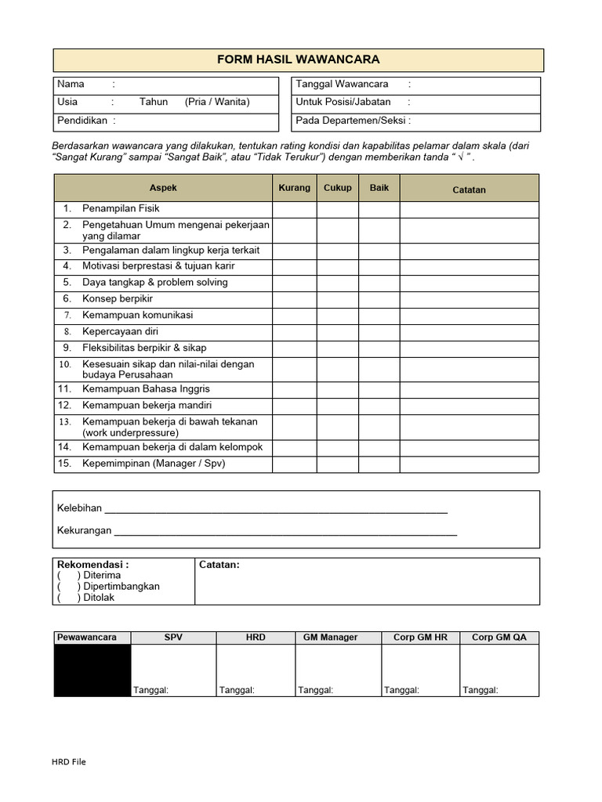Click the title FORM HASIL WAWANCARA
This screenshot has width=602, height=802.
pos(298,60)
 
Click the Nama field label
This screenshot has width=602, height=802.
pos(71,84)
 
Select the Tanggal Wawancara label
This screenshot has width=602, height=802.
pos(342,84)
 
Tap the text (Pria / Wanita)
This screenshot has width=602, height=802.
pos(217,102)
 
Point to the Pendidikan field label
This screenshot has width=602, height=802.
pos(82,120)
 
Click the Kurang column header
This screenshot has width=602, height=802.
pos(295,188)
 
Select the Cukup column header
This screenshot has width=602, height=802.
pos(338,188)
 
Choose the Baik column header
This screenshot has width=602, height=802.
pos(379,188)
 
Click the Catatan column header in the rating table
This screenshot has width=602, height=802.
pos(469,190)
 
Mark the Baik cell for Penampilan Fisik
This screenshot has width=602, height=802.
pos(379,209)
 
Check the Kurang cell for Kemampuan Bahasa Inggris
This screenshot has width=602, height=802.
pos(295,389)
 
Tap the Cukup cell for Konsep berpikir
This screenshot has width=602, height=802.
pos(338,299)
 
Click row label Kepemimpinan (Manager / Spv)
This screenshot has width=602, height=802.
pos(154,464)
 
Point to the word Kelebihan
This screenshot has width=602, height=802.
pos(80,508)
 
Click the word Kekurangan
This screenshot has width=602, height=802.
pos(85,531)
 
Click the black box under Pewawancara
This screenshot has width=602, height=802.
pos(92,670)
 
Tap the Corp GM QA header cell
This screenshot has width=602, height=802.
pos(499,638)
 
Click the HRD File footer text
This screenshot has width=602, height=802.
pos(69,762)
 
